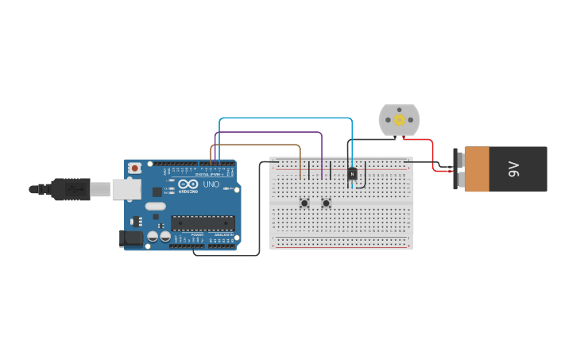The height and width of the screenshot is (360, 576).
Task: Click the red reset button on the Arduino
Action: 135,168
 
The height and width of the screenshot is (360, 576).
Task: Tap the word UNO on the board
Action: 211,184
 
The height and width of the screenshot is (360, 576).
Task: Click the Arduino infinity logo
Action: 188,184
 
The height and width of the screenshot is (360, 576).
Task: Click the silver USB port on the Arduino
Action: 126,189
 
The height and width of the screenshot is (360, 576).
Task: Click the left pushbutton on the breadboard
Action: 304,203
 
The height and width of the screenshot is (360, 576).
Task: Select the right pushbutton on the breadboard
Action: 326,203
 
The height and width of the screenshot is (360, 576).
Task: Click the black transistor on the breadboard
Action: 352,172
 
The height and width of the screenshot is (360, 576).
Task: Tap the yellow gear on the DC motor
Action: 399,119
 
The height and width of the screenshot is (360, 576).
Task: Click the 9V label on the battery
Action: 513,168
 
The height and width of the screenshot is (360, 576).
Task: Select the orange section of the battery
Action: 477,168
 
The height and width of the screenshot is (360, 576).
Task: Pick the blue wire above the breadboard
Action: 286,118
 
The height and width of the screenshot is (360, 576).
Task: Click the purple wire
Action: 270,132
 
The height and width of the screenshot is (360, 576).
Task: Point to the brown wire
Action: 254,145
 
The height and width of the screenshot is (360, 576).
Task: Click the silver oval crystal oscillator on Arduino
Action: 155,207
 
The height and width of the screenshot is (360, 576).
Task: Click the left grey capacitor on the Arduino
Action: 152,236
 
